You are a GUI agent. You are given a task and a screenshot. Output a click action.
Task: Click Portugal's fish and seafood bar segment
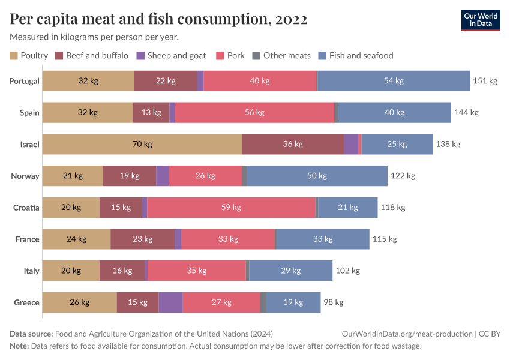click(x=393, y=81)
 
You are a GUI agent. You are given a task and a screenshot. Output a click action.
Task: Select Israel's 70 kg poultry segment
click(x=142, y=144)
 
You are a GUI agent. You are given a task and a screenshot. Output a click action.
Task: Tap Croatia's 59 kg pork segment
click(x=231, y=208)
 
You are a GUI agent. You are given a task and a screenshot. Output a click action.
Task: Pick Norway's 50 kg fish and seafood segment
click(x=317, y=176)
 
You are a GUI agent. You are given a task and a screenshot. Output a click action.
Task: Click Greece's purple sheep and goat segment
click(x=170, y=302)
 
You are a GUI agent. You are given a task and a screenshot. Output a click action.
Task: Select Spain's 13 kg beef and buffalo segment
click(x=151, y=112)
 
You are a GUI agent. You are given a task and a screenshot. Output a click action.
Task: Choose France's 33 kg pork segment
click(x=228, y=239)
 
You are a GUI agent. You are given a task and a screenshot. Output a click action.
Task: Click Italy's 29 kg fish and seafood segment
click(x=290, y=271)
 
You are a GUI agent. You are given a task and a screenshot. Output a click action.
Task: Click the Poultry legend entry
click(x=29, y=56)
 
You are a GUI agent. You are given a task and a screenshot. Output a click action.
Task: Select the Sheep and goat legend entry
click(x=171, y=56)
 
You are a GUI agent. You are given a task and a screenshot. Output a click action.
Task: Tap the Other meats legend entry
click(x=281, y=56)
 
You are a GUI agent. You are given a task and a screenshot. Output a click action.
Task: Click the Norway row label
click(x=25, y=176)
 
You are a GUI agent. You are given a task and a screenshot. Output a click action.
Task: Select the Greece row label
click(x=26, y=302)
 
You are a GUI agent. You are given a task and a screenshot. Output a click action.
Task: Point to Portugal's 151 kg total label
click(x=485, y=81)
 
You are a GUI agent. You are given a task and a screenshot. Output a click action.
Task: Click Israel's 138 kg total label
click(x=448, y=144)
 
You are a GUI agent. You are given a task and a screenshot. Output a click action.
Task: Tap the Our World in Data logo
click(x=481, y=20)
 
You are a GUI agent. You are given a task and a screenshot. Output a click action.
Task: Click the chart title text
click(x=159, y=19)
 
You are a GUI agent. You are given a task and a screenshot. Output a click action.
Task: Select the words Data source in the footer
click(x=31, y=334)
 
